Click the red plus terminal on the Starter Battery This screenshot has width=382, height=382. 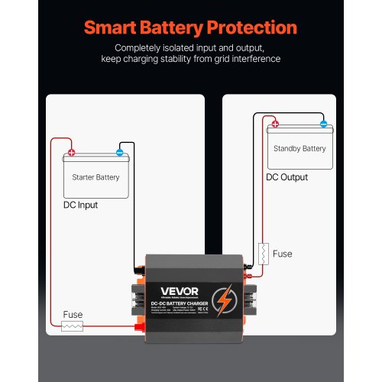pos(71,152)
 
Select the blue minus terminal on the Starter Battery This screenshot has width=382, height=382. pos(120,152)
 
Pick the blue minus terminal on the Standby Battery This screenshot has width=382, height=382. pos(323,124)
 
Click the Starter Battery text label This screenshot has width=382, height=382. pos(95,177)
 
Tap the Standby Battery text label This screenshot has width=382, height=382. pos(299,148)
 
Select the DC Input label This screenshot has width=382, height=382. pos(80,205)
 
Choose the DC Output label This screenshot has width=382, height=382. pos(286,177)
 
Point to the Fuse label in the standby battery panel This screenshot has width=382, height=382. pos(282,253)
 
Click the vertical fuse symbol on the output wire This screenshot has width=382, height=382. pos(263,254)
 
